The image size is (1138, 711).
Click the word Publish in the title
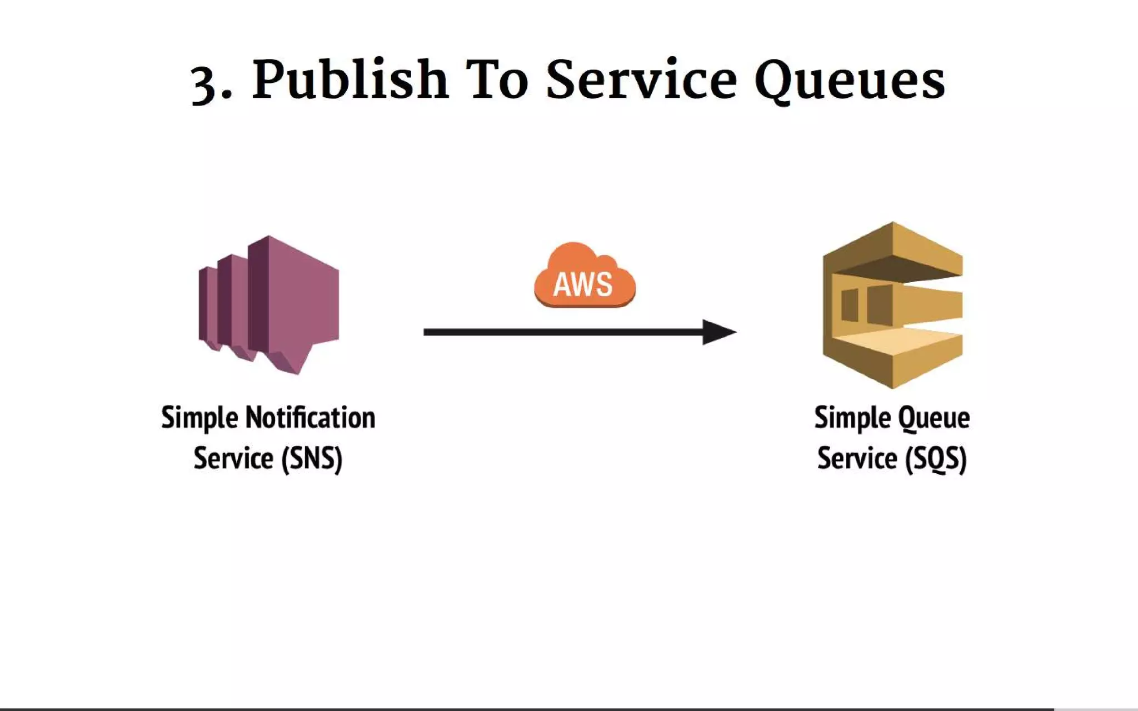(350, 81)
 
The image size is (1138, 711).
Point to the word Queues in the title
(850, 81)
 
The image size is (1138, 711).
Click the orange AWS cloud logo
(584, 276)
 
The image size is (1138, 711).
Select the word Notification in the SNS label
(310, 418)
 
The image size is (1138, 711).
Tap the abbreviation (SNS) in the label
(312, 459)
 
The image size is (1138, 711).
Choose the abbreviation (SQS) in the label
(936, 459)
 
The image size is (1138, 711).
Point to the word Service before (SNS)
(233, 459)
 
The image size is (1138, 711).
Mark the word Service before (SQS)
(857, 459)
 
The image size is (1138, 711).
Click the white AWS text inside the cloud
(583, 284)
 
